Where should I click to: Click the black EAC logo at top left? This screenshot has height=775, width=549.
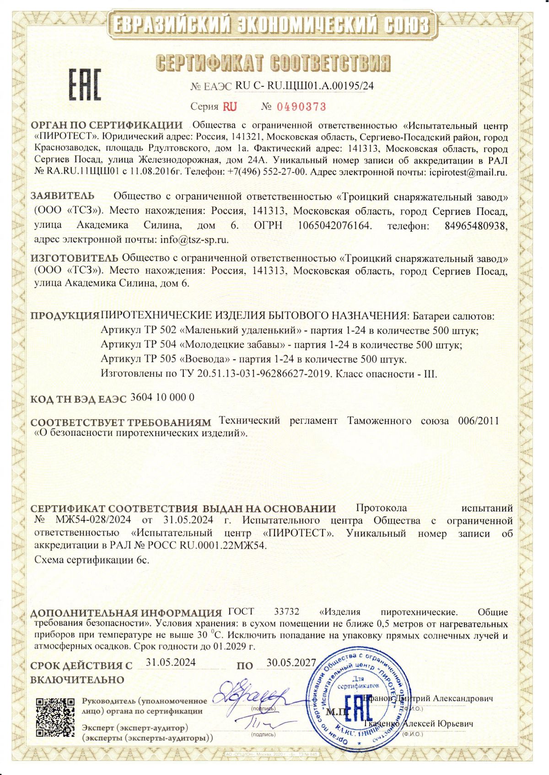coord(85,85)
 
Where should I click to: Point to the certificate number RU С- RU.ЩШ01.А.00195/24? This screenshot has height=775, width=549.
coord(304,86)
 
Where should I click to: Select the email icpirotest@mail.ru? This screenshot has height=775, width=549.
coord(468,173)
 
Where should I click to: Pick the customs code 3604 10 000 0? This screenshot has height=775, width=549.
coord(162,397)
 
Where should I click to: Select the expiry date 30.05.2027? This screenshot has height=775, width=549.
coord(291,663)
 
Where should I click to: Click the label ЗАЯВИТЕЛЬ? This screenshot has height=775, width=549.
coord(63,196)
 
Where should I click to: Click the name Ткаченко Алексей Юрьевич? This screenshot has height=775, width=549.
coord(419,724)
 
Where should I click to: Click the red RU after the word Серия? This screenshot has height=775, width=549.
coord(230,107)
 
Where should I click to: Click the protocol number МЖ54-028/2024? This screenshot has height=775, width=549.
coord(93,520)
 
